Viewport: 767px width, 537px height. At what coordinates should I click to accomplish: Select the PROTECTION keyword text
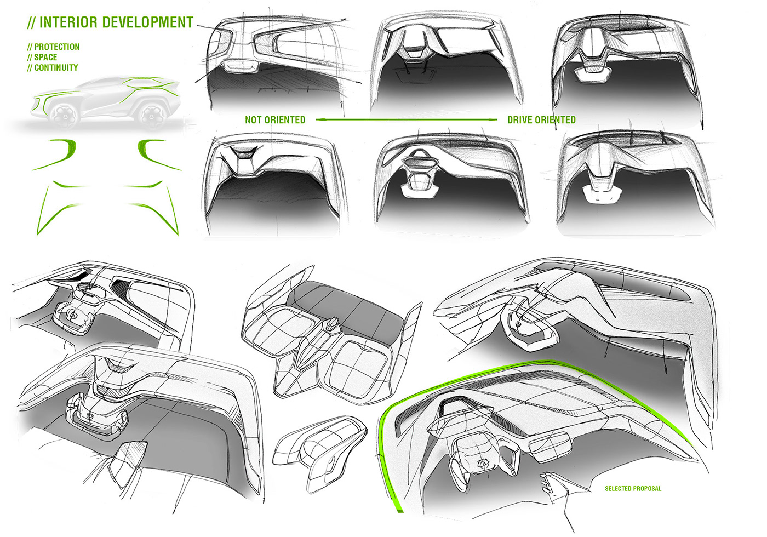56,47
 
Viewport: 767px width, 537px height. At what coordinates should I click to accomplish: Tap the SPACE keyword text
45,58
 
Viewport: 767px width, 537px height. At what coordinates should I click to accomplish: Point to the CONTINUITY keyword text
56,68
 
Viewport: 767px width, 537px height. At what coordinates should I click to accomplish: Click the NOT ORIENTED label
275,120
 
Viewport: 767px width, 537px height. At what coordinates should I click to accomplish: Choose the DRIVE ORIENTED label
541,120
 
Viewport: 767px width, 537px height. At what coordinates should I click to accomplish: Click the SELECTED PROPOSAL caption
633,488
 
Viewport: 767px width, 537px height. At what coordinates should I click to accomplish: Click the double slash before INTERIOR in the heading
31,23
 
